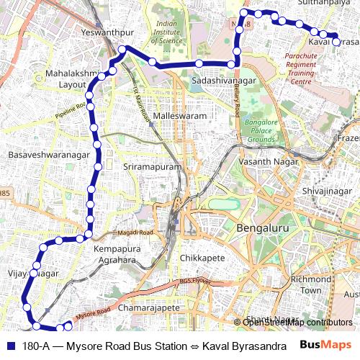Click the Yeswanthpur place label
[x=107, y=33]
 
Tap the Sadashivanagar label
[x=224, y=82]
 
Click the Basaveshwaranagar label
[x=48, y=155]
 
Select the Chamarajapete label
[x=152, y=307]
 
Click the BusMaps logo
[x=326, y=346]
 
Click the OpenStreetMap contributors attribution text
[x=297, y=322]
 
